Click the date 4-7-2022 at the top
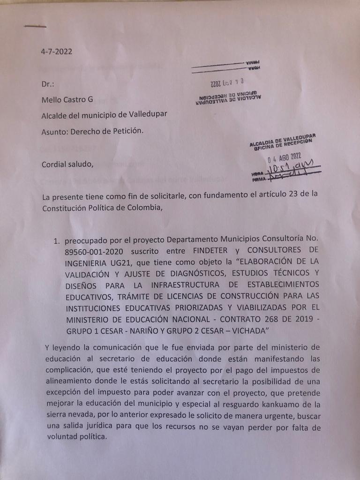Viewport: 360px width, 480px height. click(x=57, y=52)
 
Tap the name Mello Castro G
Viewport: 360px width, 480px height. click(x=67, y=99)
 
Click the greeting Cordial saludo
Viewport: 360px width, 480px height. click(x=64, y=164)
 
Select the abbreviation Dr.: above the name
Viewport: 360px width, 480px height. click(x=48, y=84)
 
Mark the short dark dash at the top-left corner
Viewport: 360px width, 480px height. click(x=35, y=26)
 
